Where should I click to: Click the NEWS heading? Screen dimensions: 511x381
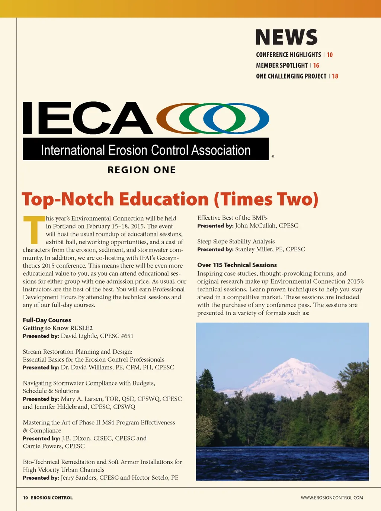286,37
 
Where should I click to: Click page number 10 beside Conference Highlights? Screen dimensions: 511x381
330,55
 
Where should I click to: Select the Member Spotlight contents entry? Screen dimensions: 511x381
282,65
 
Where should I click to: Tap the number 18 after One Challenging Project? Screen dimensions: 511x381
335,76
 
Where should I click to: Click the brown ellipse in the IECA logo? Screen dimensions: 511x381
169,118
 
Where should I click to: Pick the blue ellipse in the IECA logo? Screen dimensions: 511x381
257,118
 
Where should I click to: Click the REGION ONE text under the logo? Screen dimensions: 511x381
141,170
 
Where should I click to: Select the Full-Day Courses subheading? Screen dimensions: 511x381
47,320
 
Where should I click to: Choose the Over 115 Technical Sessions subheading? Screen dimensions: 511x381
237,265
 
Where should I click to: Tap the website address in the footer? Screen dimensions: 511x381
332,498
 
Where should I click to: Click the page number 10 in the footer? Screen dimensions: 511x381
25,498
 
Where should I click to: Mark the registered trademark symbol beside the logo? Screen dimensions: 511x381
273,156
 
